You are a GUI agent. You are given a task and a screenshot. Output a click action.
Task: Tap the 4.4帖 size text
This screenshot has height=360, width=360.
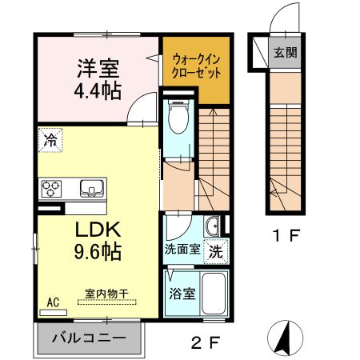coord(98,89)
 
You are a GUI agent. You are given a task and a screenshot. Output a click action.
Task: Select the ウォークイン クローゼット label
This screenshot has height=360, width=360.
coord(195,65)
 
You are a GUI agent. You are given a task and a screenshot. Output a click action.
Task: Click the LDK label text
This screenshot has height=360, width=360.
coord(98,230)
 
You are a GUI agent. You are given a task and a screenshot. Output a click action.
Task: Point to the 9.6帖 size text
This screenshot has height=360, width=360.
coord(98,252)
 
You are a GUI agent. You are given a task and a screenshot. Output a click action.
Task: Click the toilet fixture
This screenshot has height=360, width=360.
coord(180,117)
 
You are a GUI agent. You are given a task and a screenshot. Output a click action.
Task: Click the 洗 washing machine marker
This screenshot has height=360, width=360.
coord(216,250)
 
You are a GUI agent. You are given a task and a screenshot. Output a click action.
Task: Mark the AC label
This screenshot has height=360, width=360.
coord(54,302)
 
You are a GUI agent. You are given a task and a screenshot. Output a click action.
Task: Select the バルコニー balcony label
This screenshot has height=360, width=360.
coord(89,338)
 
